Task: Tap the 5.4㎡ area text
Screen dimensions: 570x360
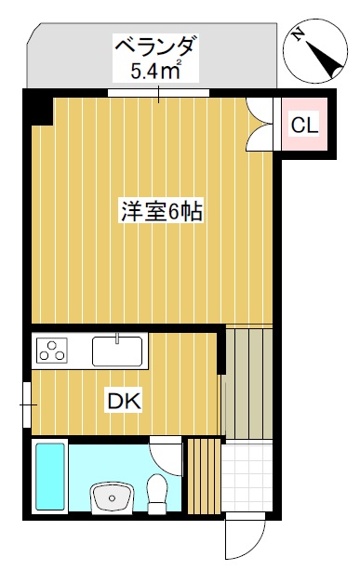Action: (x=155, y=69)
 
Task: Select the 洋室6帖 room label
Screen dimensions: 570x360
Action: (x=161, y=211)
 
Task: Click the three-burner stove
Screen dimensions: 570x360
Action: (x=52, y=351)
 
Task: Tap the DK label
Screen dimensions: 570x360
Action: (x=124, y=402)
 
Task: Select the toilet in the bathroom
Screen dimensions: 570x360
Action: (x=157, y=493)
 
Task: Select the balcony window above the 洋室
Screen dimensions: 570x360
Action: (x=157, y=92)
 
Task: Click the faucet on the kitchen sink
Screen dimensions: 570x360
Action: (x=118, y=338)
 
